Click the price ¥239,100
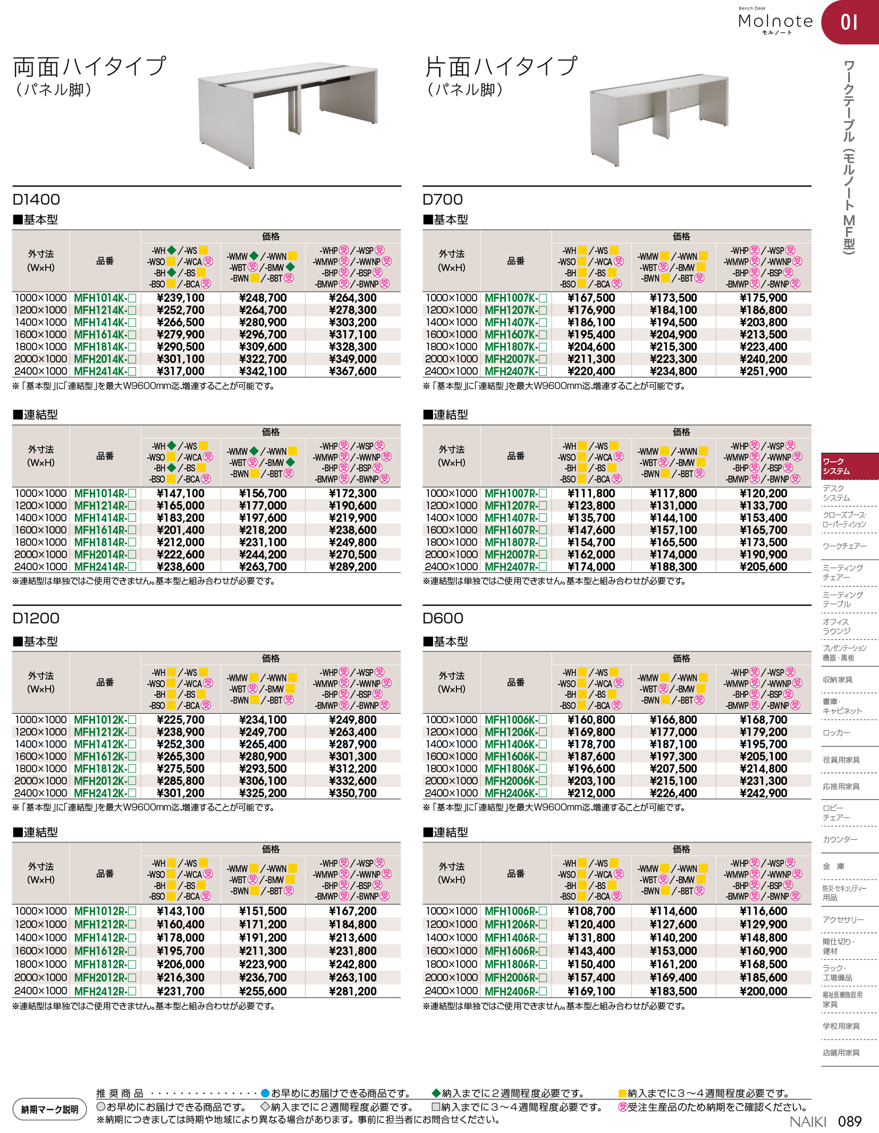pos(180,298)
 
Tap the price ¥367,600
pos(353,371)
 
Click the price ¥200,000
pos(763,991)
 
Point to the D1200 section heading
pos(36,619)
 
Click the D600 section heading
pos(443,619)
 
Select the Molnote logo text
pos(775,21)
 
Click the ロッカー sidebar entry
pos(837,733)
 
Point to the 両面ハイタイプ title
pos(89,67)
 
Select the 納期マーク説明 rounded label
pos(50,1110)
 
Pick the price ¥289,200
pos(353,567)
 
